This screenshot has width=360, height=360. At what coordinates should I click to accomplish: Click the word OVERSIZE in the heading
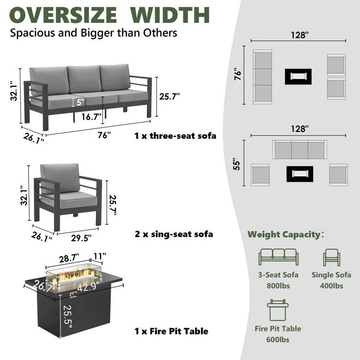click(x=63, y=15)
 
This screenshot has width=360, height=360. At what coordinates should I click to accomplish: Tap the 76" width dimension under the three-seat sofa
click(x=104, y=135)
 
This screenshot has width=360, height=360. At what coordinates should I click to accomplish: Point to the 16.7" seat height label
click(x=92, y=117)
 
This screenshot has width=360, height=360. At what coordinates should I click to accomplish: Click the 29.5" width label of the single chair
click(x=81, y=238)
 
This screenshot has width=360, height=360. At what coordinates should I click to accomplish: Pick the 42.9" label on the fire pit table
click(x=88, y=287)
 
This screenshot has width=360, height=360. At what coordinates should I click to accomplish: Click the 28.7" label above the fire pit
click(x=69, y=259)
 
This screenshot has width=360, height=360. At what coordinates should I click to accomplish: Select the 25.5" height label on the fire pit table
click(x=67, y=317)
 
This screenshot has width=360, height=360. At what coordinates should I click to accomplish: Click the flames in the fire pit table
click(x=74, y=276)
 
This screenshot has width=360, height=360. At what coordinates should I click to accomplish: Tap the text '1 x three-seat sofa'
click(x=175, y=136)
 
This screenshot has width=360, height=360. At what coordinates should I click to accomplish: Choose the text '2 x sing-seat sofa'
click(x=174, y=234)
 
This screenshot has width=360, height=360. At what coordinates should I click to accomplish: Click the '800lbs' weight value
click(x=278, y=286)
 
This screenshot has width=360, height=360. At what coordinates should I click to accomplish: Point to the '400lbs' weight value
click(x=331, y=286)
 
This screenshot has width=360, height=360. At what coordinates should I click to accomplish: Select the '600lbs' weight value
click(x=278, y=339)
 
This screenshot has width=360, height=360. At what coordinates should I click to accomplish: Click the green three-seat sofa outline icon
click(x=278, y=257)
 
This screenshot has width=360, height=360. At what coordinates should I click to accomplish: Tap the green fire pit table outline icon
click(x=278, y=310)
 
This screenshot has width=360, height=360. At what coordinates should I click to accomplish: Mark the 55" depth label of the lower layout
click(x=237, y=164)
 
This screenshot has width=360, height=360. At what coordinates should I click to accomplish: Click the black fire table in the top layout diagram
click(x=298, y=76)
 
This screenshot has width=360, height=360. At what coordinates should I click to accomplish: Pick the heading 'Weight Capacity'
click(x=284, y=235)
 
